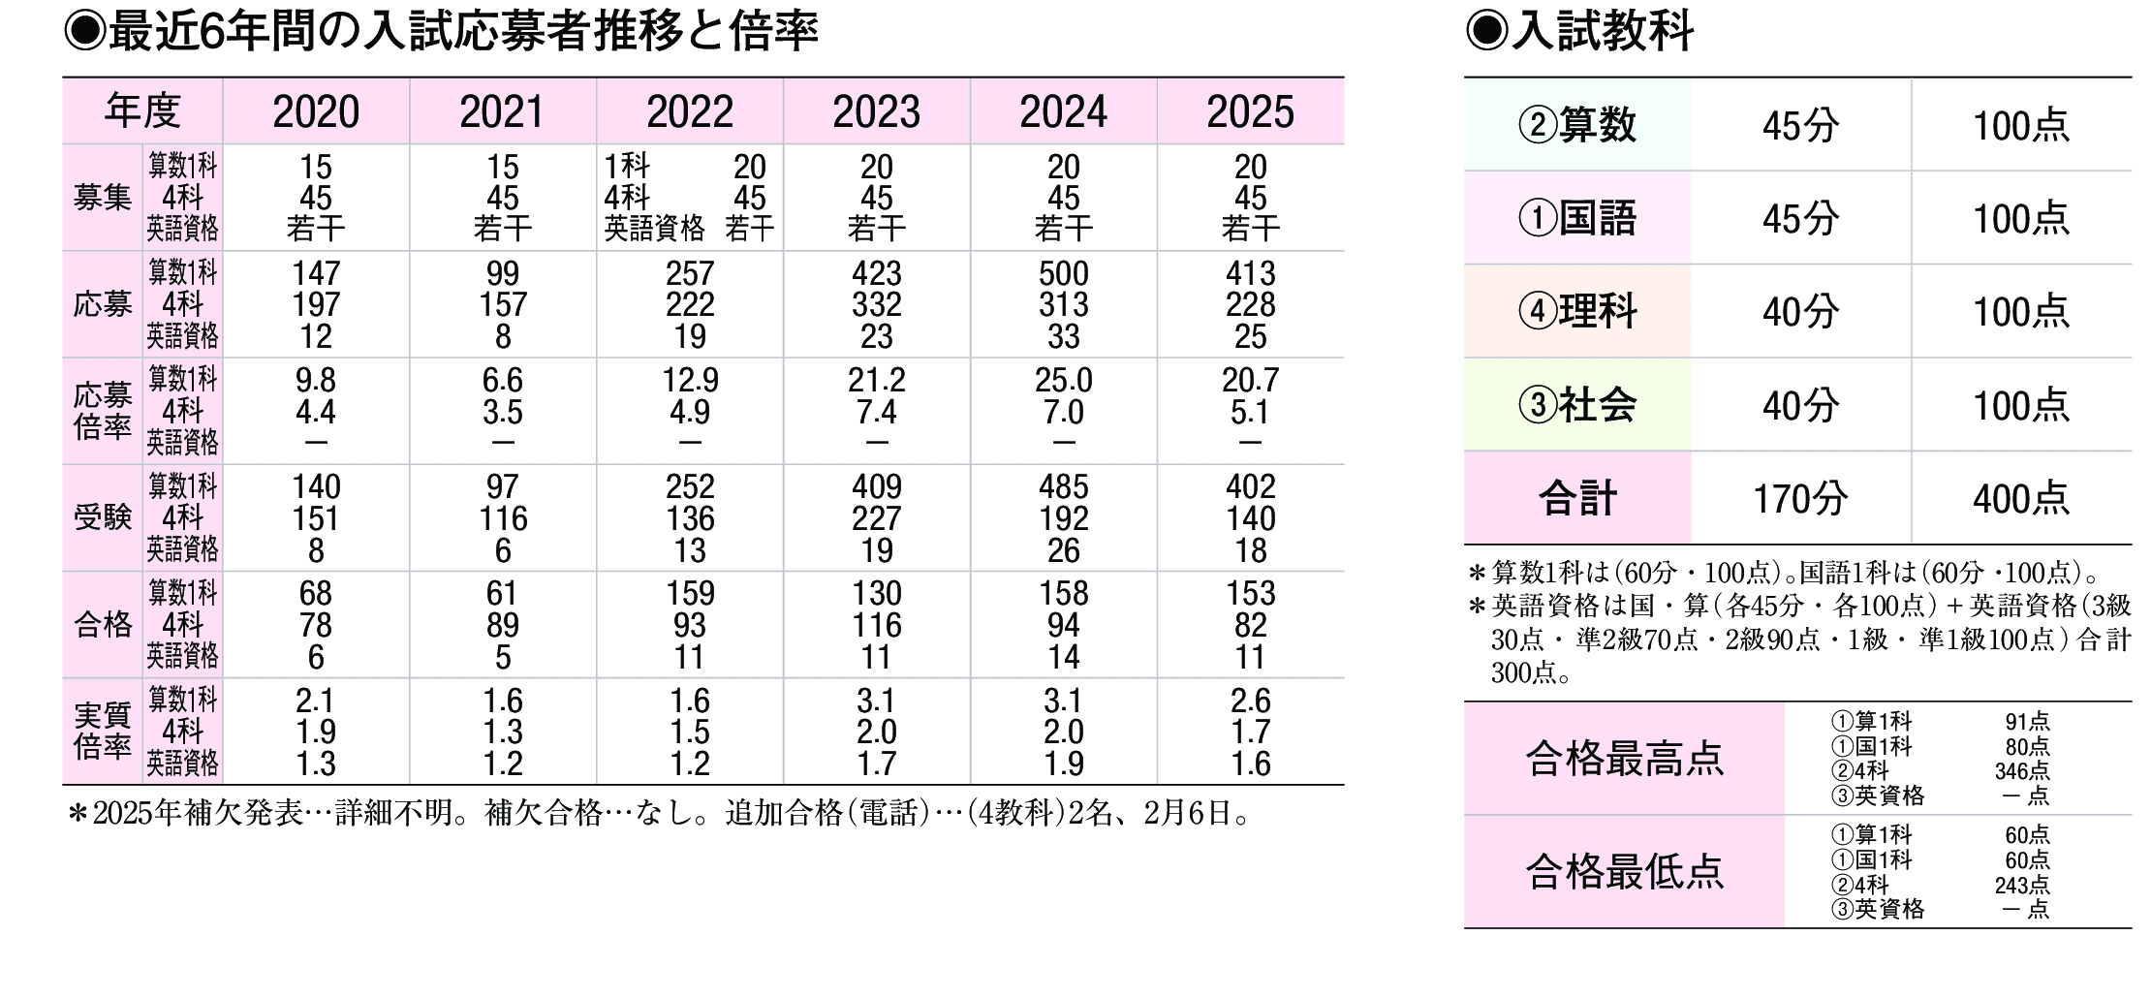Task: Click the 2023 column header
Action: [876, 111]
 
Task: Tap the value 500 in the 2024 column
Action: [1063, 273]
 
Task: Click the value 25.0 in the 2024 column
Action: [1063, 380]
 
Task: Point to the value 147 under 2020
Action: [316, 273]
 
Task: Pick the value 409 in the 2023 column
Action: [876, 486]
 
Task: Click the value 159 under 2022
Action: [689, 593]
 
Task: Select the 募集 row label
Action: [103, 198]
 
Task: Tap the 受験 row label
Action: [103, 517]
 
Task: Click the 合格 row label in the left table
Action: [103, 624]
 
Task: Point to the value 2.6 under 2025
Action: [1250, 700]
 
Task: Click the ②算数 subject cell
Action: [1577, 125]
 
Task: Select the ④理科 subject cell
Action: [1577, 311]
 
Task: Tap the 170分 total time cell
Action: [1800, 498]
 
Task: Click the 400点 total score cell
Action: [2021, 498]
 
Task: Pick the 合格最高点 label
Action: [1624, 758]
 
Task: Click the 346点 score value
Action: [2022, 771]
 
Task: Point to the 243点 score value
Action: [2022, 885]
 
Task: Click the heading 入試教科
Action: [1601, 31]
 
